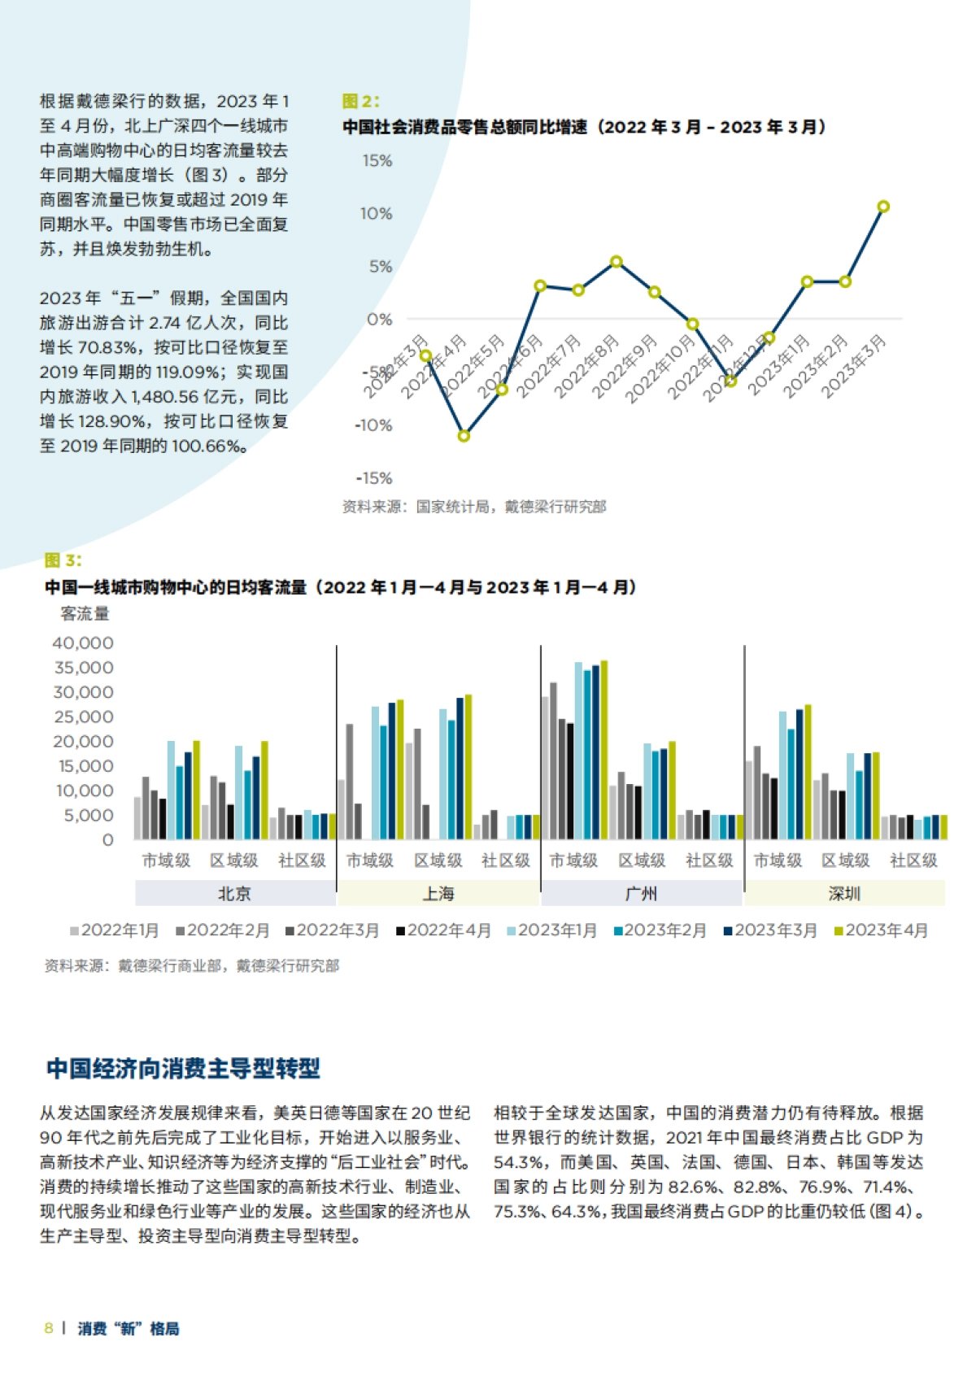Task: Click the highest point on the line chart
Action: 883,207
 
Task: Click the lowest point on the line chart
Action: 464,436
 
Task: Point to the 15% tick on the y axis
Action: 377,161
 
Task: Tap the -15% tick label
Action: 374,478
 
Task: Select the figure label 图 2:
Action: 360,102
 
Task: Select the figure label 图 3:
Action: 63,560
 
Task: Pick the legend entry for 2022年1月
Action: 115,930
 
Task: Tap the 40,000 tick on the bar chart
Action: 83,643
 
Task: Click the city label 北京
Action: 234,894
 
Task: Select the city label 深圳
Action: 844,894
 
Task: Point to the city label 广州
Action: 641,894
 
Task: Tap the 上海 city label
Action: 438,894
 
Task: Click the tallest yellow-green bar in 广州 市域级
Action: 603,748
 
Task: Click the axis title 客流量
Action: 85,614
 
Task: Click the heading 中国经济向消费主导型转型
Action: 183,1068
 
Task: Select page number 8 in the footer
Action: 49,1328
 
